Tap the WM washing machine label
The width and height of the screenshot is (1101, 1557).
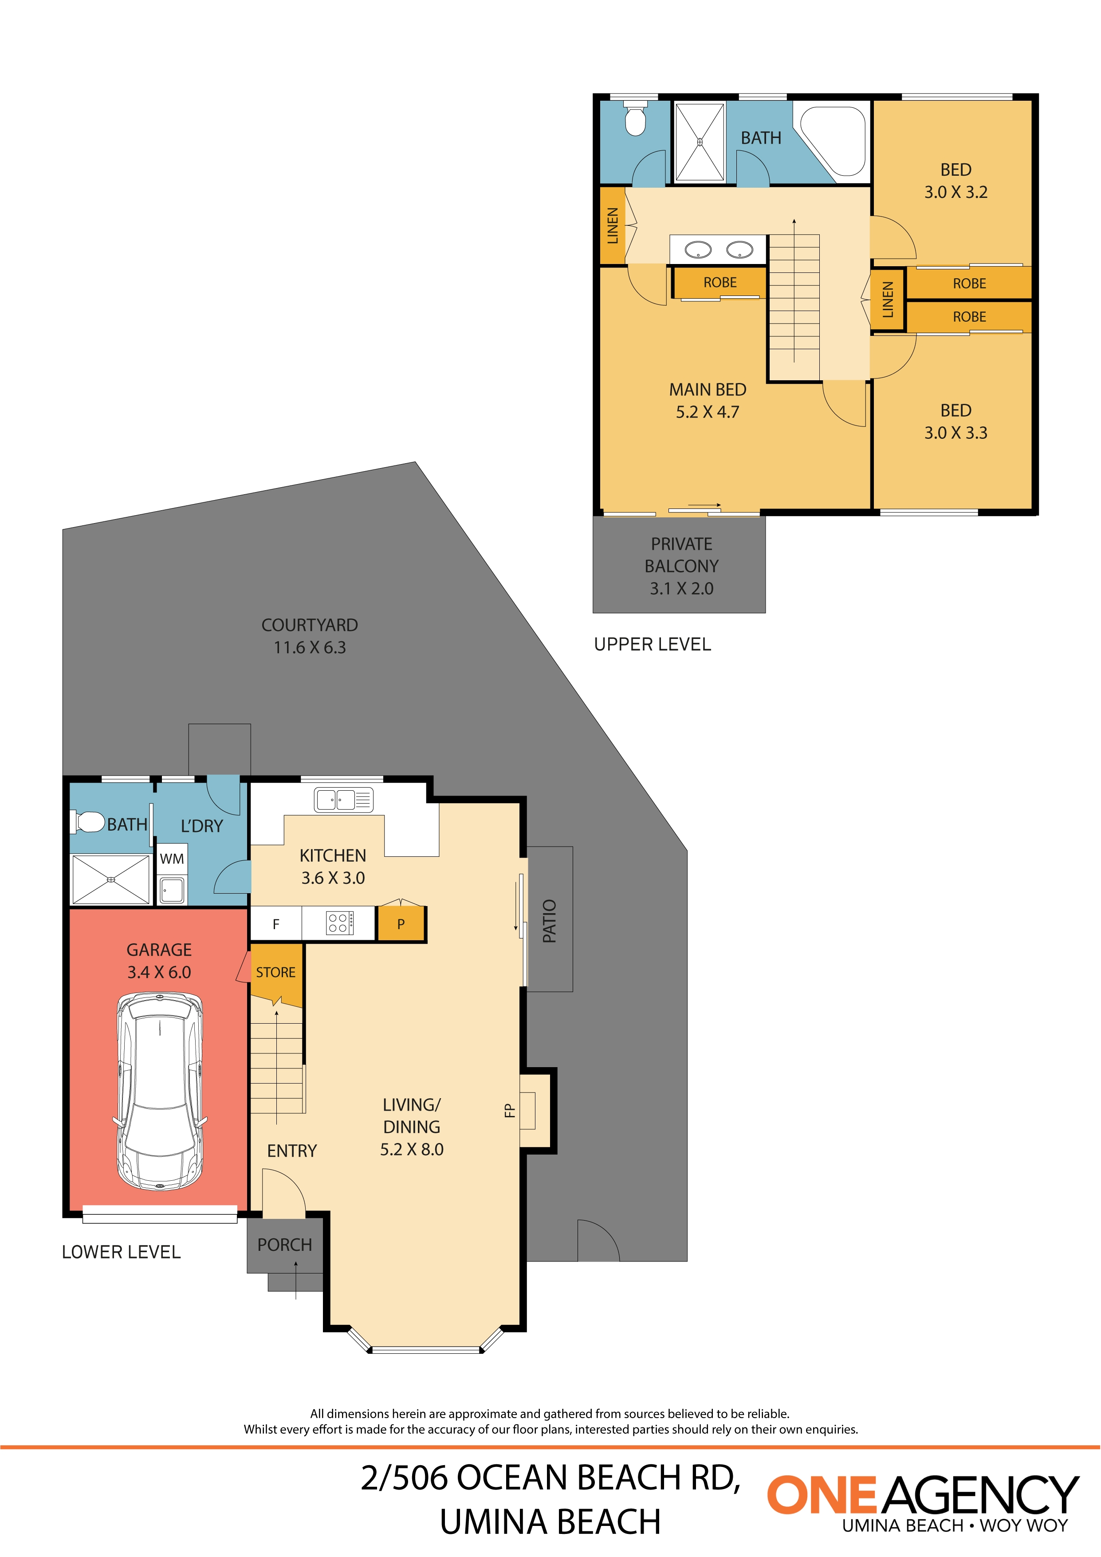click(x=172, y=859)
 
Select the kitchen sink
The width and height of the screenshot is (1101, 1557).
click(x=344, y=800)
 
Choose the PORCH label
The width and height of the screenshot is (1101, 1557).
click(x=285, y=1245)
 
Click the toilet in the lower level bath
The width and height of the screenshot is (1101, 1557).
click(x=87, y=822)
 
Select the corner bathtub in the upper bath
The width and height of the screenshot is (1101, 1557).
click(x=833, y=140)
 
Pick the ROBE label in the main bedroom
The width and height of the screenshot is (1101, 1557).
click(x=720, y=283)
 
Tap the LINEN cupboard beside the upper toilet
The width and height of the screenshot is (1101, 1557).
click(x=612, y=226)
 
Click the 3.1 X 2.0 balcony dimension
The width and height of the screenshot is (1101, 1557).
click(x=681, y=589)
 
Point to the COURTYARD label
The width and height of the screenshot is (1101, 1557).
click(x=310, y=625)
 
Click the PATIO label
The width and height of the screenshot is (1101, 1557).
click(x=550, y=921)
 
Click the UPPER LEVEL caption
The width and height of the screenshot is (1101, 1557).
click(x=652, y=644)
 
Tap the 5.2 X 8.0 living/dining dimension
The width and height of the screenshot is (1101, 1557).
click(x=412, y=1149)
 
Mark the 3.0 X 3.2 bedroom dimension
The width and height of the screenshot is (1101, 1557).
click(x=956, y=193)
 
